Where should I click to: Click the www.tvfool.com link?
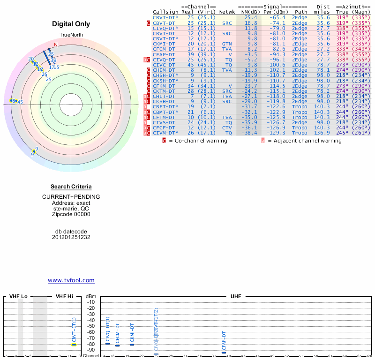click(71, 280)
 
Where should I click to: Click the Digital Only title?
click(71, 24)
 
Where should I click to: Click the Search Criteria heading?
click(71, 187)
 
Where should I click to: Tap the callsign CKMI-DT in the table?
click(164, 44)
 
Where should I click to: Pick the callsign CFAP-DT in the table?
click(164, 54)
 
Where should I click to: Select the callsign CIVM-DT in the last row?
click(164, 133)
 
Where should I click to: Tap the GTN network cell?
click(227, 44)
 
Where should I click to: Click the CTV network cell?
click(227, 127)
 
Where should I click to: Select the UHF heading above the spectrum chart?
click(236, 297)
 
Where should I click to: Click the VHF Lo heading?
click(18, 297)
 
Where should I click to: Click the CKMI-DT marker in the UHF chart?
click(132, 345)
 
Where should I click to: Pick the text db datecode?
click(71, 232)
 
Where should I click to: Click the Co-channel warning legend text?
click(200, 141)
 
